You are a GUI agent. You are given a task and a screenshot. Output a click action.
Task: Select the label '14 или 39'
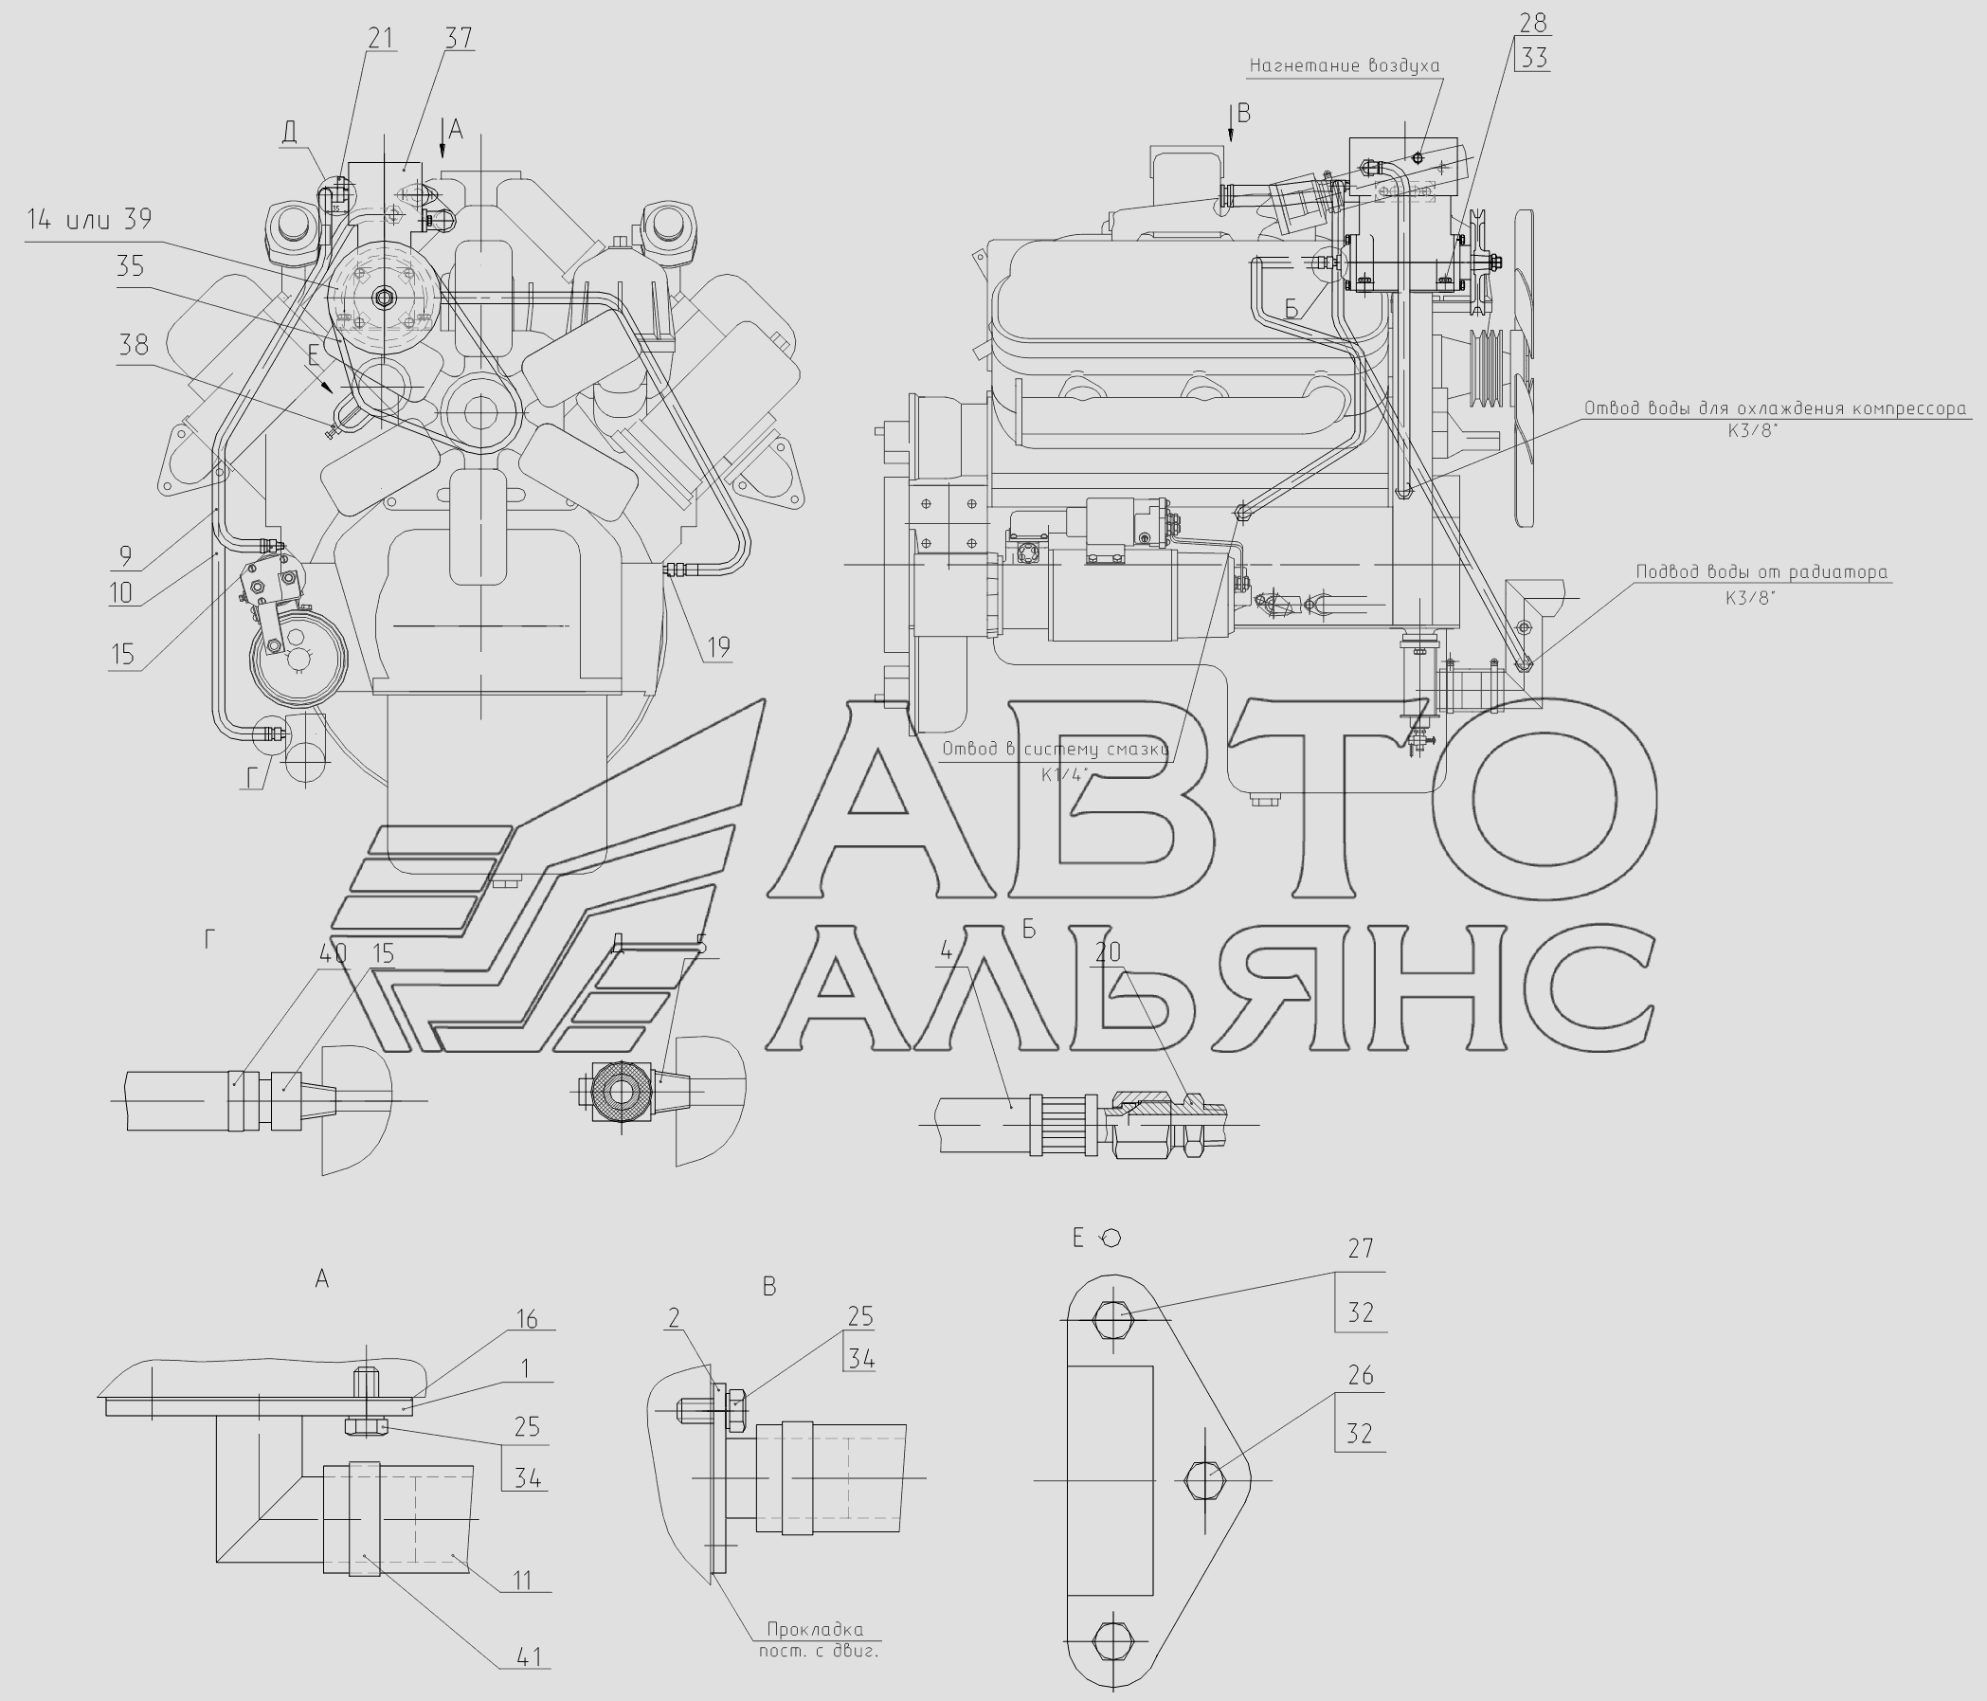[89, 220]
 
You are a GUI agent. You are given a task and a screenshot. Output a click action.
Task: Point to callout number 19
[719, 647]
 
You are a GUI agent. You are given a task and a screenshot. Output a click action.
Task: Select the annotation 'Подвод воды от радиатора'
[1761, 572]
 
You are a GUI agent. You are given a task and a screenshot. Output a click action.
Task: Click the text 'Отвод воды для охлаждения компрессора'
[1775, 408]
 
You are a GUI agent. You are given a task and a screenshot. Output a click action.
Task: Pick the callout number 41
[529, 1656]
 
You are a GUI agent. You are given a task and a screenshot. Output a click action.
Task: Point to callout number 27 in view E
[1361, 1247]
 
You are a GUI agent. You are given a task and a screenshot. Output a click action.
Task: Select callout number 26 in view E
[1361, 1375]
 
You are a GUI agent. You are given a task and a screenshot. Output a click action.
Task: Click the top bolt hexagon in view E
[1112, 1320]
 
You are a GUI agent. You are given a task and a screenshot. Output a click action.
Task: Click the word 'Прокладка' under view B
[815, 1629]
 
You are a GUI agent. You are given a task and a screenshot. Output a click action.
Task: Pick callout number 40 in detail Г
[333, 953]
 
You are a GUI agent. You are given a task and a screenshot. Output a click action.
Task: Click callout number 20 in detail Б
[1108, 952]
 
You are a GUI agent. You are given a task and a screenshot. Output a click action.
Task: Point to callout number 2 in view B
[674, 1317]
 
